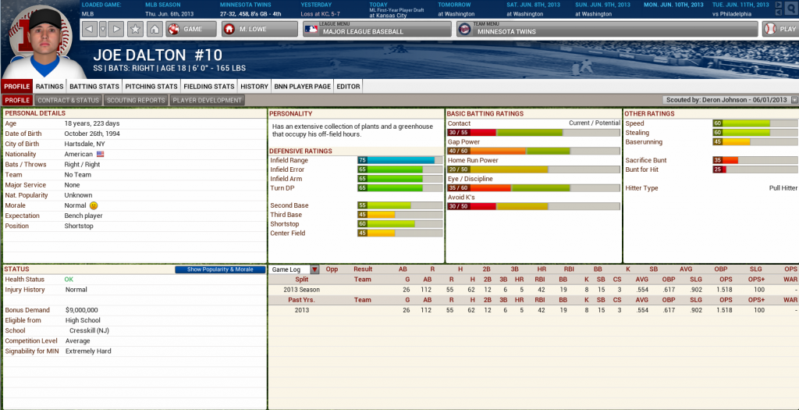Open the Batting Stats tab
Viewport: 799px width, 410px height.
pos(94,87)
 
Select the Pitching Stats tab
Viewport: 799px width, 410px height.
pos(151,87)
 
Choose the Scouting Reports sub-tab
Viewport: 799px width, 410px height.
pos(135,100)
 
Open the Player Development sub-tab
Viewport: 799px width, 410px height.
pos(208,100)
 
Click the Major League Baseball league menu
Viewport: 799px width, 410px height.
pos(377,29)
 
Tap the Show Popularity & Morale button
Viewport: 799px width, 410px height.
pos(215,269)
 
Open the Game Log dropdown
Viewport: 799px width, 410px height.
pos(294,269)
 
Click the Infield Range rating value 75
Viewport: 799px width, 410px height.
pos(362,160)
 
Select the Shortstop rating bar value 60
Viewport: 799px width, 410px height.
pos(362,223)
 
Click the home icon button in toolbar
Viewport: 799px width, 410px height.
pos(154,29)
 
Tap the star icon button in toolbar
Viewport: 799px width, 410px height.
pos(135,29)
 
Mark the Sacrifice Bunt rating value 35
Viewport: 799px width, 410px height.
pos(717,160)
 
